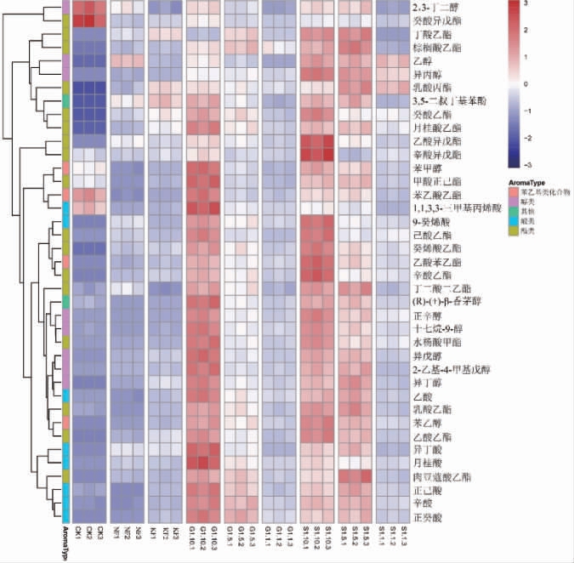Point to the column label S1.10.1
[305, 538]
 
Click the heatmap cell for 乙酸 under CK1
[77, 395]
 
